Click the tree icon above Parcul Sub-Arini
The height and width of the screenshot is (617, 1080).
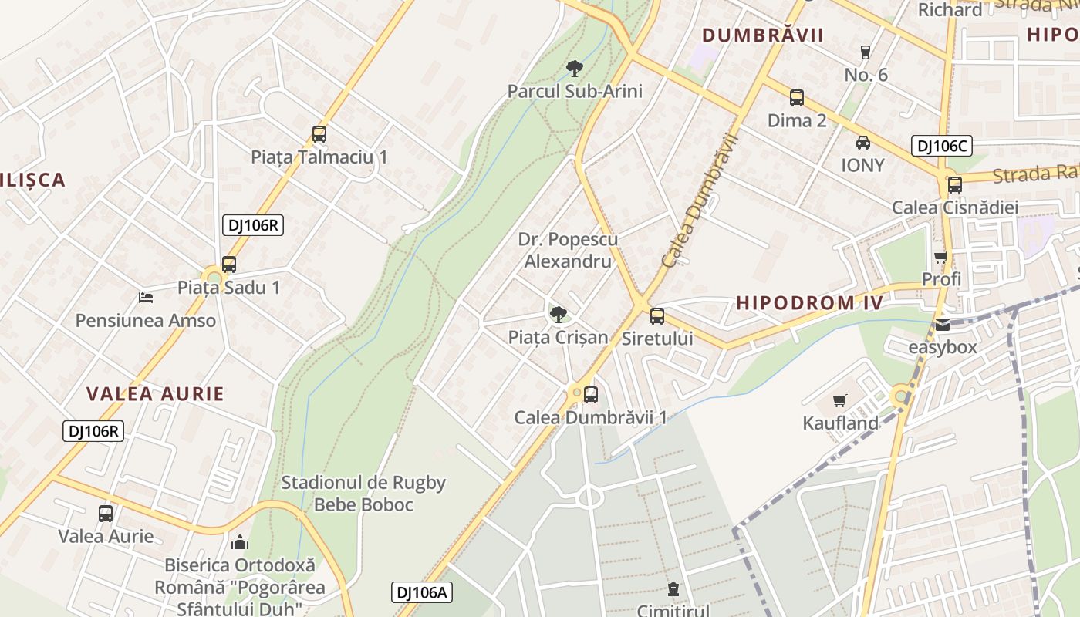pos(574,69)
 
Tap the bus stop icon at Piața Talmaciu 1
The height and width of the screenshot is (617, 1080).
pos(319,134)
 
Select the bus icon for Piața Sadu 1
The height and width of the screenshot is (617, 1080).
pos(229,265)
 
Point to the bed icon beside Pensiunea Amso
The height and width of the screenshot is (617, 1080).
pos(146,297)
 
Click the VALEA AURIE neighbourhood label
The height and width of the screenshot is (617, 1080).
pos(155,394)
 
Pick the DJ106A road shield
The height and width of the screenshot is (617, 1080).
pos(421,592)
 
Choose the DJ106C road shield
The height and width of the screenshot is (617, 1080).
pos(941,146)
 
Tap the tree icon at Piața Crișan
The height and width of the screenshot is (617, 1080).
pos(558,314)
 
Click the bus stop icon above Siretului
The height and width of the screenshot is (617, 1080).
pos(657,315)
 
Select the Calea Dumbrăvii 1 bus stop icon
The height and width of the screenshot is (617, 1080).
pos(591,395)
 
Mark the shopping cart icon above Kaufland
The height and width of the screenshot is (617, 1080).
pos(840,400)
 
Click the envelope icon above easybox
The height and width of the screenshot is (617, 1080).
pos(943,325)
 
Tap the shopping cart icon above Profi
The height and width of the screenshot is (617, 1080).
pos(940,257)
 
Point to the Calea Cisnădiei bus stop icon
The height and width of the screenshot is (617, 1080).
pos(955,185)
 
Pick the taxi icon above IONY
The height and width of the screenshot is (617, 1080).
pos(863,143)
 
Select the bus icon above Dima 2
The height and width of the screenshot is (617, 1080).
pos(797,98)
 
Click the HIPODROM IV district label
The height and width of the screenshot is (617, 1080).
pos(809,302)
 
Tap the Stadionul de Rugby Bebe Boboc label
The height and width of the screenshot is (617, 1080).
pos(363,494)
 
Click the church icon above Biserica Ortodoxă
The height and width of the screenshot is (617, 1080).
pos(240,542)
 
